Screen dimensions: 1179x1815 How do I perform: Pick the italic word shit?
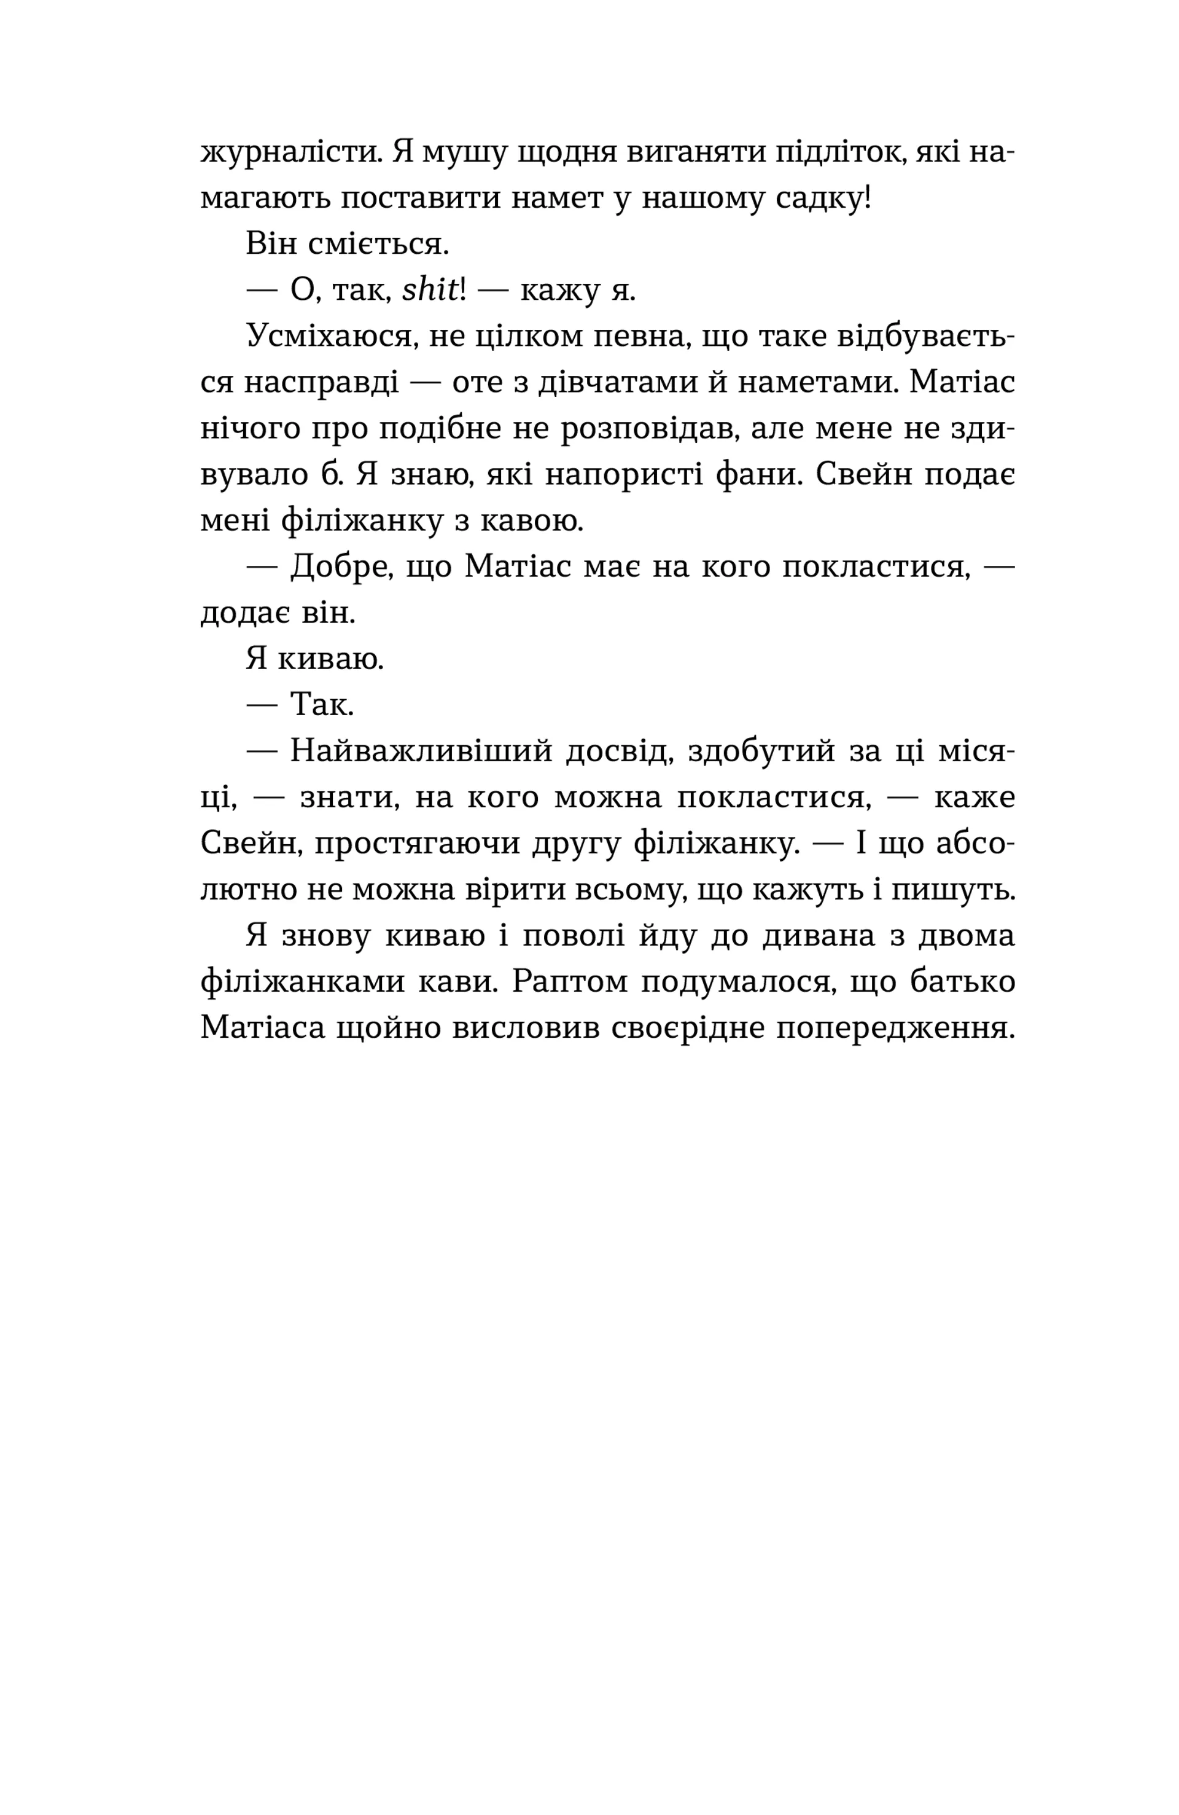430,291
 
